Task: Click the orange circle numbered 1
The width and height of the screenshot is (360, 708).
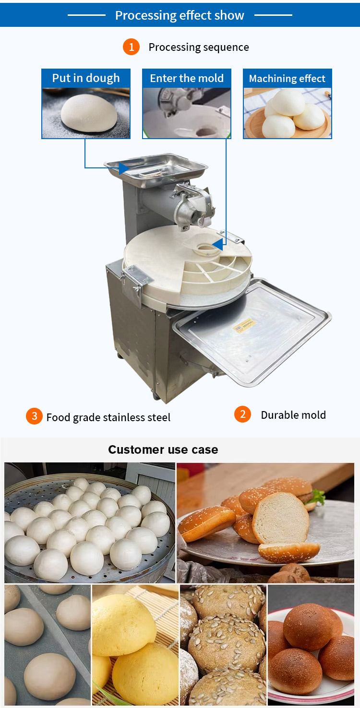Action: coord(132,47)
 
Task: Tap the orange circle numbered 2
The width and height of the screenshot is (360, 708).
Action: coord(242,414)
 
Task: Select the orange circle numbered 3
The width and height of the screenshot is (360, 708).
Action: coord(34,416)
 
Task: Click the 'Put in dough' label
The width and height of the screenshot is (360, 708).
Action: coord(86,78)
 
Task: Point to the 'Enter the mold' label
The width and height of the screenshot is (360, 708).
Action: coord(187,78)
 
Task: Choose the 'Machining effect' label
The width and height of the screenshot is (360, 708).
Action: coord(287,78)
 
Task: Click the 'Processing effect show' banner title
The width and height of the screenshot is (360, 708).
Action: coord(180,15)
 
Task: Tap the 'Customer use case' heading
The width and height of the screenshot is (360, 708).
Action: coord(163,449)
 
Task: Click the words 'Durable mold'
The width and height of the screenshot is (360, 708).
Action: coord(293,415)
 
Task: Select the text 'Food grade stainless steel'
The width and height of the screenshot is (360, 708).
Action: coord(108,417)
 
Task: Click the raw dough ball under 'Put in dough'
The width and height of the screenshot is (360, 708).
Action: coord(89,113)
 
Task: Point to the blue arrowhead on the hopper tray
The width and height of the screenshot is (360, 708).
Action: coord(124,168)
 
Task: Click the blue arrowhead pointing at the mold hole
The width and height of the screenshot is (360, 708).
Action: coord(217,244)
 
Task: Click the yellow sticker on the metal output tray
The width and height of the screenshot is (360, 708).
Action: coord(244,326)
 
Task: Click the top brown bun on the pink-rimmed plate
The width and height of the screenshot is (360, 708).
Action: coord(308,626)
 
